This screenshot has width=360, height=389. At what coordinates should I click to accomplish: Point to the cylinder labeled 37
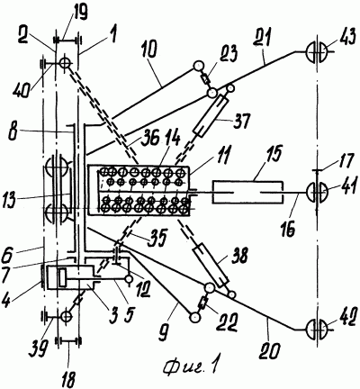pos(211,115)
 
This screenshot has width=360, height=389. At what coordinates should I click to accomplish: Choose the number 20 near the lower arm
pos(270,349)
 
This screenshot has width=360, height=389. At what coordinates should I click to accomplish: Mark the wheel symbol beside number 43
pos(317,52)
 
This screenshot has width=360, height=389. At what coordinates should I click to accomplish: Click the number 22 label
pos(227,322)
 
